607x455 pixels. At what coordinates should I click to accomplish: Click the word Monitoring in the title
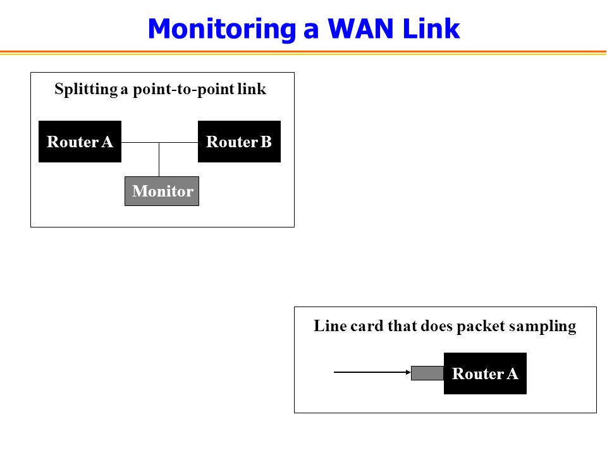222,30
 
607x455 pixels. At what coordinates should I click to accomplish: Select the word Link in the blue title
431,28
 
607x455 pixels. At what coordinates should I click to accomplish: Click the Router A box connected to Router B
80,142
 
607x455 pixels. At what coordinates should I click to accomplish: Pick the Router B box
239,142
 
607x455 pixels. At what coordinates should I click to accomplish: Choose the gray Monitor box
162,191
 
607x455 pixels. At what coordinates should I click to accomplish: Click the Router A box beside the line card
485,373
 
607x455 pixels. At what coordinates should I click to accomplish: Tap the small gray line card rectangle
427,373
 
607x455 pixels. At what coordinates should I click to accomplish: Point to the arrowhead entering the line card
408,372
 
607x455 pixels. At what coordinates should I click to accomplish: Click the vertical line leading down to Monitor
159,160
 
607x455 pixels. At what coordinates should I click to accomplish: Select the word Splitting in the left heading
86,90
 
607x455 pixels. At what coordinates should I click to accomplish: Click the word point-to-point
183,90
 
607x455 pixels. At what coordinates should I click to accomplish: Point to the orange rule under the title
303,52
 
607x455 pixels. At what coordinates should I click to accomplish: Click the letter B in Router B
266,142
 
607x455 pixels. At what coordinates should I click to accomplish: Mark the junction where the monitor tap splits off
159,142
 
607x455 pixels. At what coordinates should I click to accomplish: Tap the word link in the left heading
252,89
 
